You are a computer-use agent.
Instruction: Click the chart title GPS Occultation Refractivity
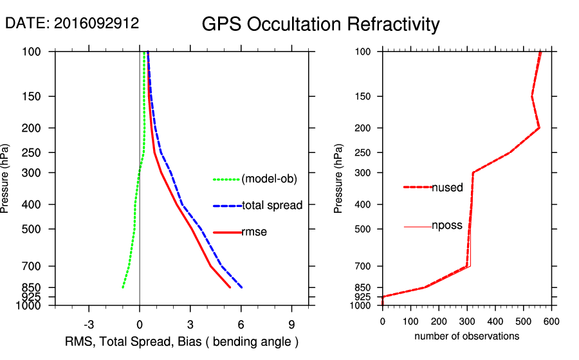[x=320, y=24]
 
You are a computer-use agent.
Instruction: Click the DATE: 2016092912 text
[x=72, y=23]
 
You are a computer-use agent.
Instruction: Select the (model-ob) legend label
[x=269, y=179]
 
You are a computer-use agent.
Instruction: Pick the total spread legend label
[x=272, y=206]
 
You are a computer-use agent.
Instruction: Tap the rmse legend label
[x=254, y=232]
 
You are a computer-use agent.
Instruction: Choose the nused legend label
[x=447, y=188]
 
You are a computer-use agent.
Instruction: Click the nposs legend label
[x=447, y=226]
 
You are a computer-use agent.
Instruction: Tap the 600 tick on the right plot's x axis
[x=551, y=321]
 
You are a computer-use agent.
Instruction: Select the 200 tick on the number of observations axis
[x=439, y=321]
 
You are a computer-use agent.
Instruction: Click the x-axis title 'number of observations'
[x=466, y=336]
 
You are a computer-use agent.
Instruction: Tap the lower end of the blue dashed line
[x=242, y=287]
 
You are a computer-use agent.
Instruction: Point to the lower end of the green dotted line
[x=123, y=287]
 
